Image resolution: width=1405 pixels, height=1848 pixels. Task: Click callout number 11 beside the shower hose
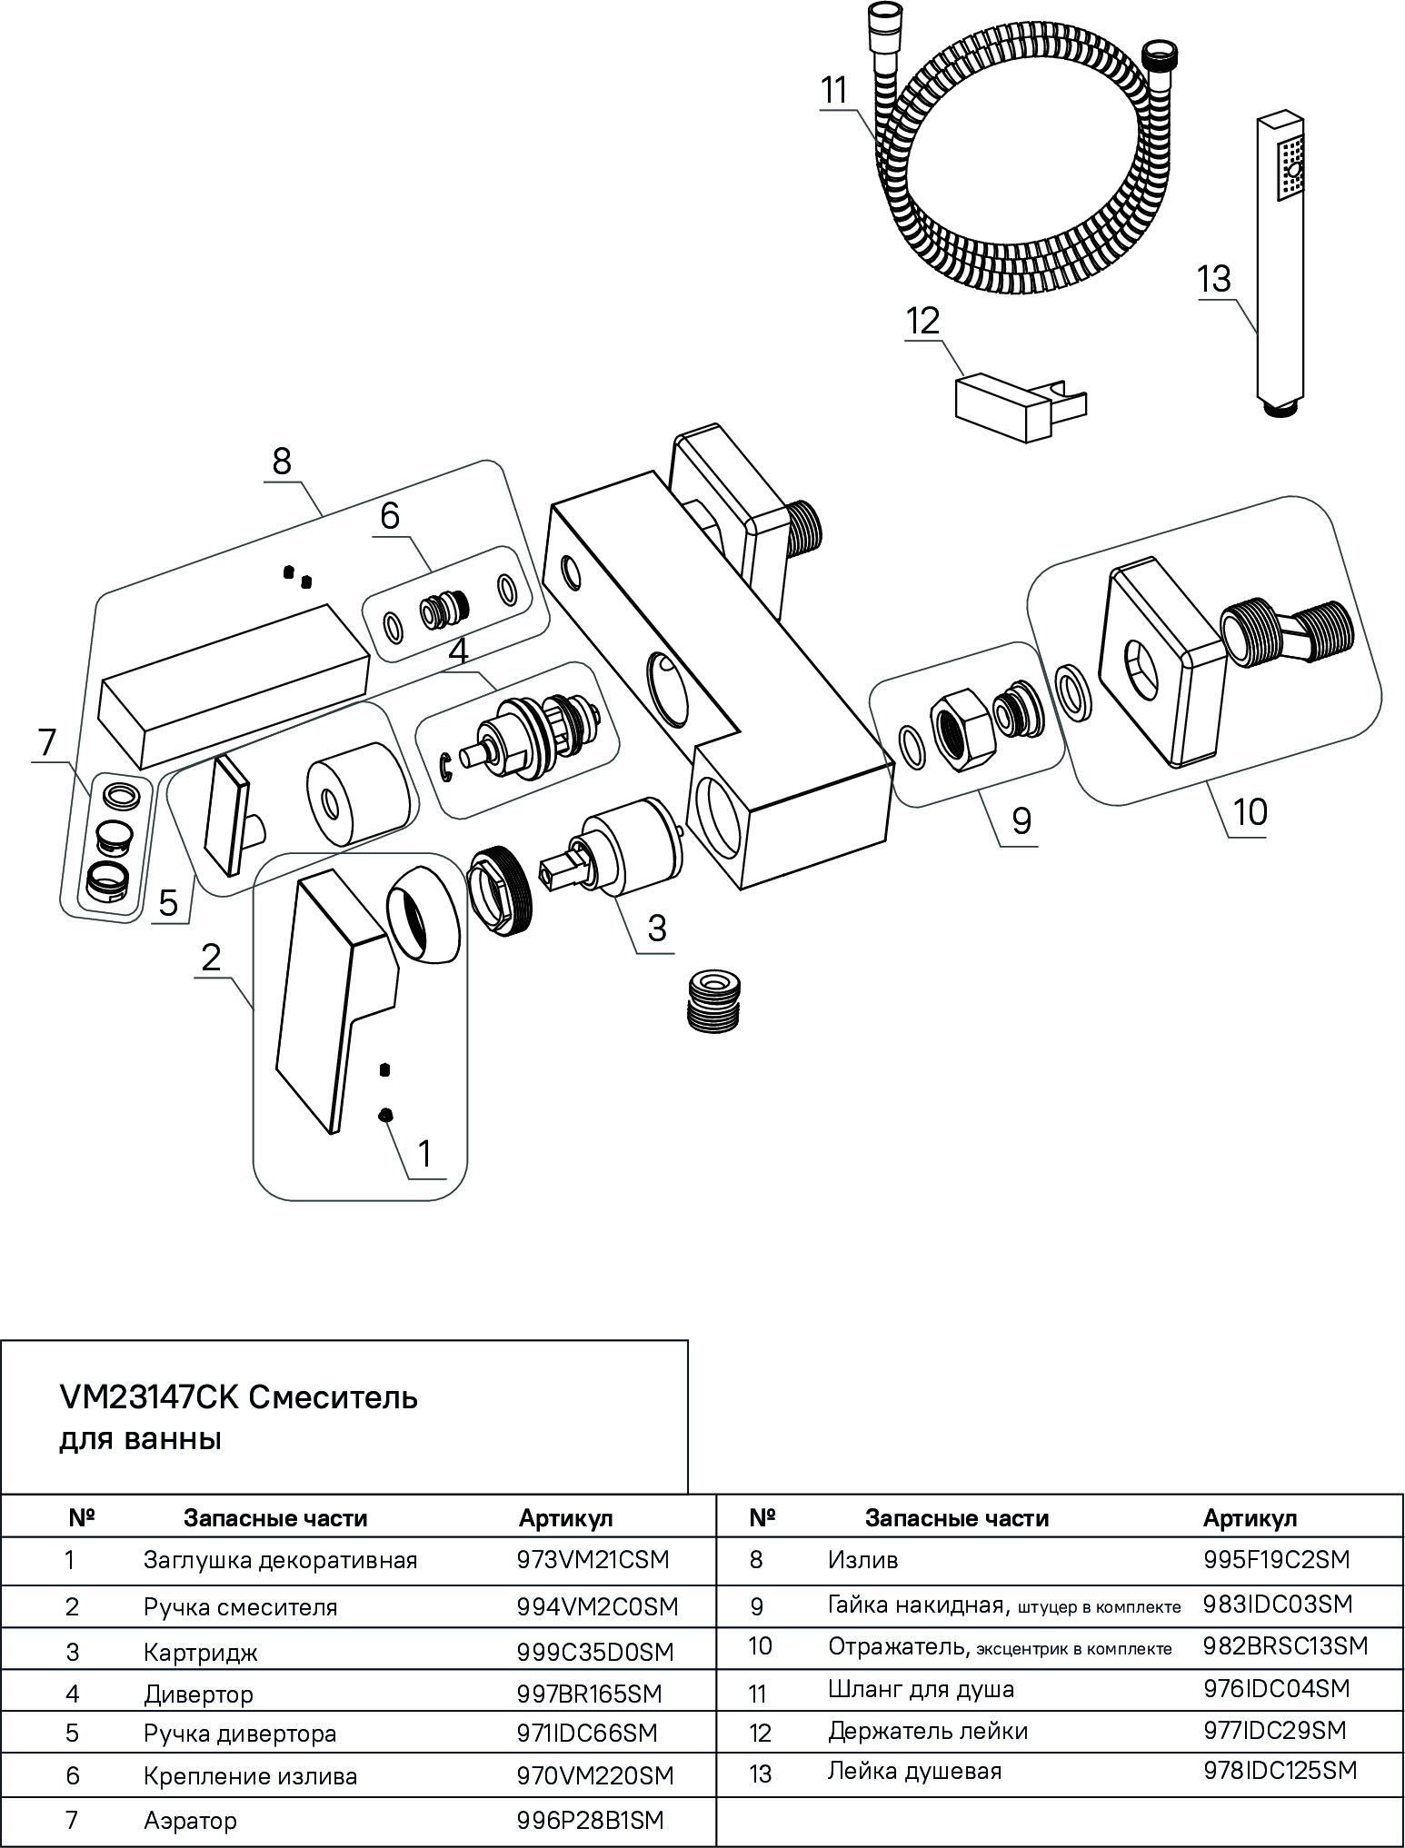click(x=833, y=91)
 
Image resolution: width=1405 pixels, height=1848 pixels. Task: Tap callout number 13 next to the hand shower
click(x=1214, y=279)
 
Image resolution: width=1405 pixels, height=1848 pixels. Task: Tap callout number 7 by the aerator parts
click(x=47, y=743)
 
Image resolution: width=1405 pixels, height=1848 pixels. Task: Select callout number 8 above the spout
click(x=282, y=462)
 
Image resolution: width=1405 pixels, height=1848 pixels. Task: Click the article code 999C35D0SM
click(x=595, y=1652)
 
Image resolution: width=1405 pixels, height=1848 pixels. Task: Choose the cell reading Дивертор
click(x=198, y=1694)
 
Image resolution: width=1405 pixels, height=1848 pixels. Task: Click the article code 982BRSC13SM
click(x=1285, y=1645)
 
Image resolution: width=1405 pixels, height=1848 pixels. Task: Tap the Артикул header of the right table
click(x=1250, y=1518)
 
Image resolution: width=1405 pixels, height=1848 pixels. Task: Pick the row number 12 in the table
click(x=761, y=1733)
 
